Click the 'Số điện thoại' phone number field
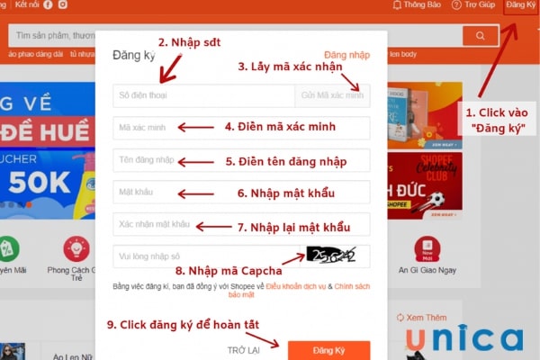[x=202, y=95]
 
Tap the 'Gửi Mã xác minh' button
[x=332, y=95]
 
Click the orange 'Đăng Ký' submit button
[x=328, y=350]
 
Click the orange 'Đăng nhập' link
[x=346, y=55]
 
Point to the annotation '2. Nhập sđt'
[x=189, y=42]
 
